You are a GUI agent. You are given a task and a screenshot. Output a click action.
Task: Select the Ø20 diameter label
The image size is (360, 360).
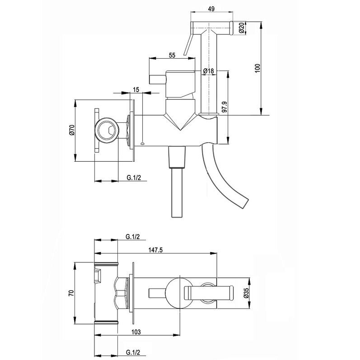tap(242, 27)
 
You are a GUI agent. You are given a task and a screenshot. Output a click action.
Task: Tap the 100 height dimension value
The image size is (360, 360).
tap(257, 68)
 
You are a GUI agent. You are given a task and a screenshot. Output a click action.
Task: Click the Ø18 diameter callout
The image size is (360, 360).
tap(208, 71)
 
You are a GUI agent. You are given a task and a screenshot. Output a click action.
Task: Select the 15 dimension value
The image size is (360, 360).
tap(136, 90)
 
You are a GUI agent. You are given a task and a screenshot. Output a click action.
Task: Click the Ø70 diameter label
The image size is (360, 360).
tap(71, 130)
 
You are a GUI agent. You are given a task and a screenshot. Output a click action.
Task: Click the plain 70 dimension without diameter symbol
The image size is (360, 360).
tap(71, 293)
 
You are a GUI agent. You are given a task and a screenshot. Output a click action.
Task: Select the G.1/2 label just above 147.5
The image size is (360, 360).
tap(132, 236)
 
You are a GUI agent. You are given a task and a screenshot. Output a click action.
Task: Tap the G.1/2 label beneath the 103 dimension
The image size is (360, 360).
tap(132, 352)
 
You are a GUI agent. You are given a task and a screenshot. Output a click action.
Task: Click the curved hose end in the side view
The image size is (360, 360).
tap(244, 202)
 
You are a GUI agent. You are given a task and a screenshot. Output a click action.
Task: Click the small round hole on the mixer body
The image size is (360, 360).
tap(143, 144)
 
